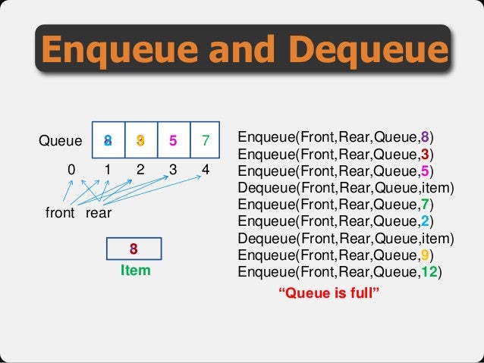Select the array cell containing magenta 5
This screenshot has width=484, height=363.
(x=173, y=139)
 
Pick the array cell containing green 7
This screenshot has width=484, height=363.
(x=205, y=139)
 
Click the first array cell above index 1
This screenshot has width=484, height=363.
(x=108, y=139)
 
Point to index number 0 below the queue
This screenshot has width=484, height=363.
(x=71, y=171)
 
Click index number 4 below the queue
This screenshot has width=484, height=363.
(x=206, y=171)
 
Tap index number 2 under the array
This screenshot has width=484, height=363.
(x=140, y=171)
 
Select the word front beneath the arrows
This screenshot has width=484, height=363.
(x=60, y=214)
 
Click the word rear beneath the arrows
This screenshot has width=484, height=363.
(x=99, y=214)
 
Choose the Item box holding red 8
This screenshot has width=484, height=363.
(x=134, y=249)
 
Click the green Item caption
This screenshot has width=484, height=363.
(x=135, y=270)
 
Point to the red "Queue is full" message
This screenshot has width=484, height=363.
(x=328, y=293)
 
